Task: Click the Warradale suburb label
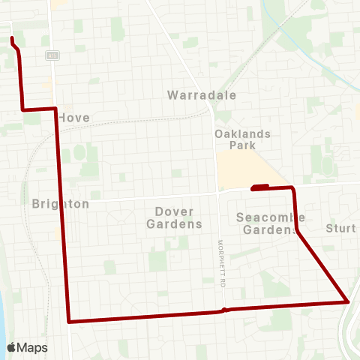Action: [x=202, y=95]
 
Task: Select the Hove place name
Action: [x=73, y=118]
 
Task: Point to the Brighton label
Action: [x=61, y=204]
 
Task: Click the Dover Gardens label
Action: [x=174, y=217]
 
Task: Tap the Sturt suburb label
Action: [x=340, y=228]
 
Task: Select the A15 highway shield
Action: [x=52, y=55]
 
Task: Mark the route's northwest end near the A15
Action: [x=13, y=38]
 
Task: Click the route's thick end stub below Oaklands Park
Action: [x=259, y=187]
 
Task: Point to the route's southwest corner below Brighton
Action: [x=69, y=321]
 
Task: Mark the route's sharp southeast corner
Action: [x=348, y=301]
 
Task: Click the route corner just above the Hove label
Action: [x=55, y=109]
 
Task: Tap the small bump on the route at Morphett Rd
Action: [x=223, y=310]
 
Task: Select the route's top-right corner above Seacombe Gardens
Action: [x=292, y=187]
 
